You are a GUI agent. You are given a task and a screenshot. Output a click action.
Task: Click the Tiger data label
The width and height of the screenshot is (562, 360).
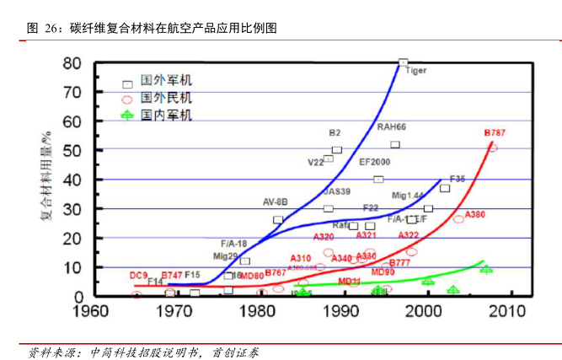click(x=416, y=71)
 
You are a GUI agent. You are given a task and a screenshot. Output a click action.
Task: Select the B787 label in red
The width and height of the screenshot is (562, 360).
click(x=495, y=133)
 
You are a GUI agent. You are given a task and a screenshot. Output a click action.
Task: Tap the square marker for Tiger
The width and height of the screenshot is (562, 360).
click(x=403, y=62)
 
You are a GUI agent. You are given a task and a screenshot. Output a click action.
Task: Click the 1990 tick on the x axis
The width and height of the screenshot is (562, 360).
click(x=341, y=311)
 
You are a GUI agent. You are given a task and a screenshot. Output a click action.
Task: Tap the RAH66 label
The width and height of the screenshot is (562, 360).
click(x=391, y=127)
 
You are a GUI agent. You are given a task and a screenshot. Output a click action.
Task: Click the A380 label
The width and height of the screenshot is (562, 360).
click(x=475, y=214)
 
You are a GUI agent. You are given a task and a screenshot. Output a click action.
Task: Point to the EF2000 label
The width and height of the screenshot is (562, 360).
click(x=375, y=162)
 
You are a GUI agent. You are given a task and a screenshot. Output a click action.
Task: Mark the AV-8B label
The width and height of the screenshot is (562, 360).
click(x=276, y=202)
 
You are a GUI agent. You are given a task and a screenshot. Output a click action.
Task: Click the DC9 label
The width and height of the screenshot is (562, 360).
click(x=138, y=275)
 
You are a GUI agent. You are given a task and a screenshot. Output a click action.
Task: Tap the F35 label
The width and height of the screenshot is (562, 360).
click(x=458, y=179)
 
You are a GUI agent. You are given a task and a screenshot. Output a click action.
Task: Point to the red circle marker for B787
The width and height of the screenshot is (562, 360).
click(x=493, y=148)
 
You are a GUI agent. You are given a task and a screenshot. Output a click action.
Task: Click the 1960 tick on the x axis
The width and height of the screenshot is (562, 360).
click(x=90, y=311)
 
